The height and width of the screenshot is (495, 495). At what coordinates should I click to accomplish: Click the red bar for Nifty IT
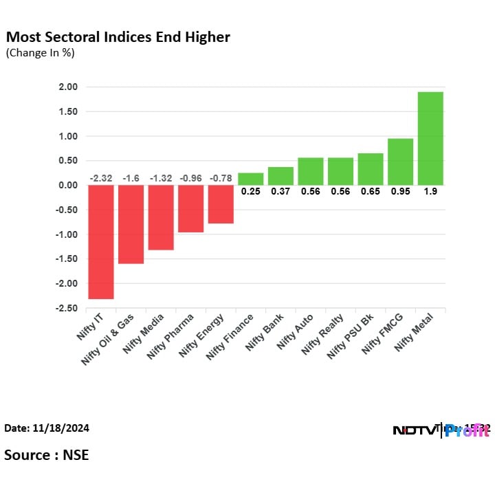pyautogui.click(x=100, y=242)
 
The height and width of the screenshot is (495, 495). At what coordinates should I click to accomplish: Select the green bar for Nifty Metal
pyautogui.click(x=430, y=138)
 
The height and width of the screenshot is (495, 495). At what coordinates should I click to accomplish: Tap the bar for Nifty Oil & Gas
pyautogui.click(x=131, y=224)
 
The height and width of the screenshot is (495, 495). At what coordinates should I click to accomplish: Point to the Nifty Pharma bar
pyautogui.click(x=190, y=209)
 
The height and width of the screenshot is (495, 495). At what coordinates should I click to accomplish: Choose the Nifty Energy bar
pyautogui.click(x=221, y=204)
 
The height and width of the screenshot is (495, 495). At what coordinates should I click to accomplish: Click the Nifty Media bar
pyautogui.click(x=161, y=217)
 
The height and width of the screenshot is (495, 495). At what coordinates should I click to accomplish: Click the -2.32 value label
pyautogui.click(x=100, y=179)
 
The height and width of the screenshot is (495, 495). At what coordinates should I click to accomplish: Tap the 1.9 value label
pyautogui.click(x=430, y=192)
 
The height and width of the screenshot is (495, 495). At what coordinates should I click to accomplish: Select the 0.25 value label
pyautogui.click(x=250, y=192)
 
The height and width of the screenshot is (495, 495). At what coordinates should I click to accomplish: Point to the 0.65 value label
pyautogui.click(x=371, y=192)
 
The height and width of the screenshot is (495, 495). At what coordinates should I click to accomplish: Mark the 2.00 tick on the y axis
pyautogui.click(x=68, y=87)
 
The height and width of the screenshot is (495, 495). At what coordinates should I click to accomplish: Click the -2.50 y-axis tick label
pyautogui.click(x=67, y=309)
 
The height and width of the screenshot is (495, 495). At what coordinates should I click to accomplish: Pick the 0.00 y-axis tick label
pyautogui.click(x=68, y=186)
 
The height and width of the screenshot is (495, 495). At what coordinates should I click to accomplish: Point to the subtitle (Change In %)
pyautogui.click(x=40, y=53)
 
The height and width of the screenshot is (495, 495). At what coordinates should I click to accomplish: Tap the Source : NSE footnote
pyautogui.click(x=46, y=454)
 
